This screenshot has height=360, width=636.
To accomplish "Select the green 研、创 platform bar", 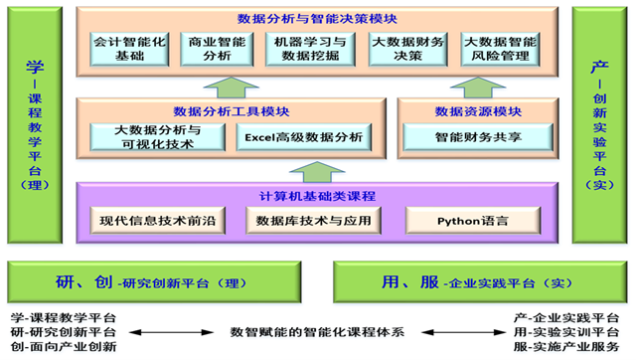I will [153, 281].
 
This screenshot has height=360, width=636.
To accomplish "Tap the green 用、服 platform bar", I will [480, 281].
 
